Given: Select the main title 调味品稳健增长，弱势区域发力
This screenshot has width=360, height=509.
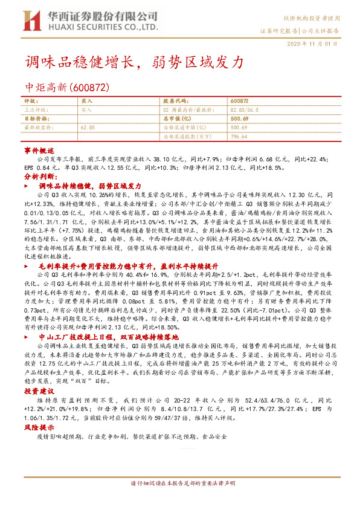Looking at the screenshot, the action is coord(134,62).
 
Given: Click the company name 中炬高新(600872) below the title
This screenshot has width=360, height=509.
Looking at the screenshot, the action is coord(67,87).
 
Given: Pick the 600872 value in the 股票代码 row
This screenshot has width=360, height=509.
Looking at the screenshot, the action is coord(239,100).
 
